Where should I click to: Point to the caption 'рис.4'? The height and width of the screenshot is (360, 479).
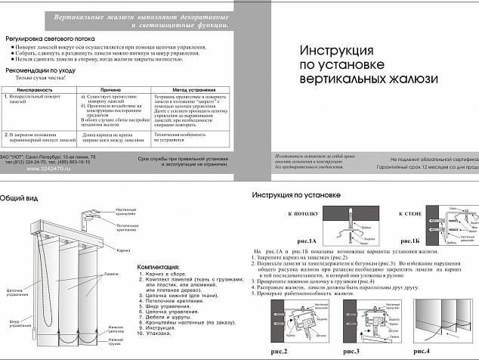pos(437,352)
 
